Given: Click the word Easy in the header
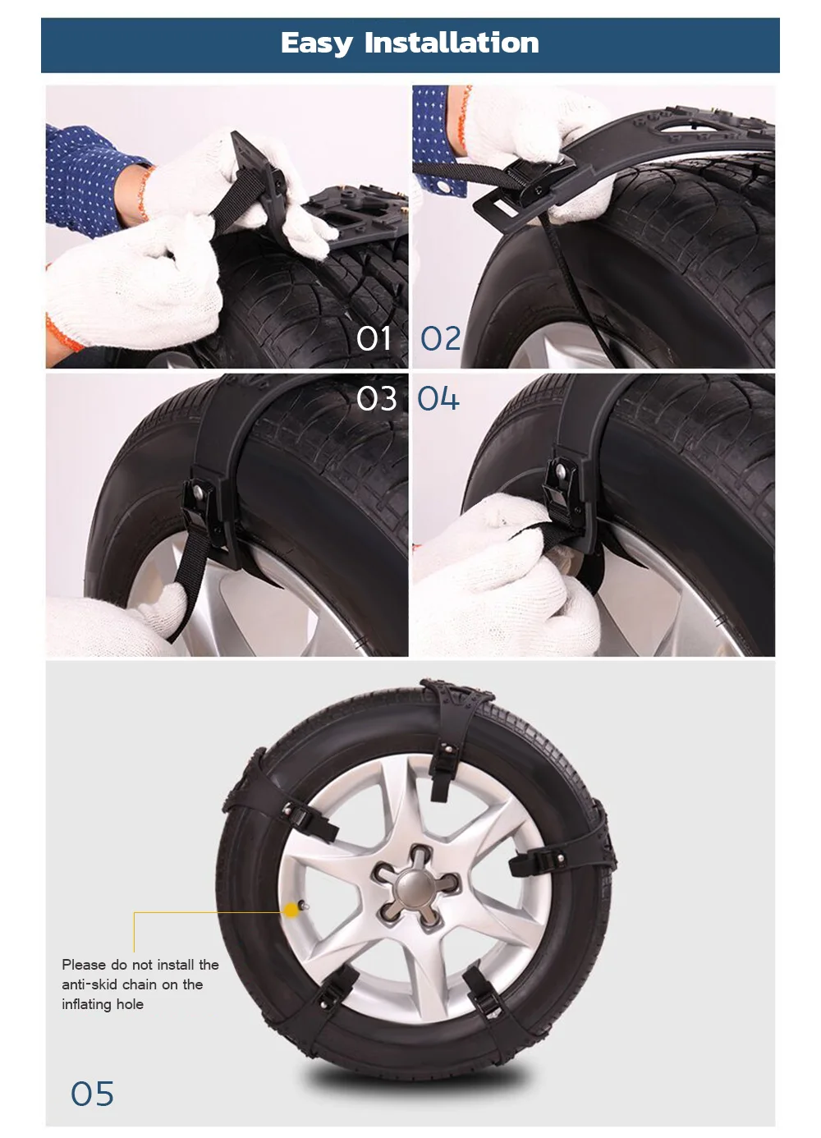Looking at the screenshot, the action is tap(316, 44).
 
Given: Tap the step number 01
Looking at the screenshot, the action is tap(374, 338).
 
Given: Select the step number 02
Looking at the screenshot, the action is tap(441, 338).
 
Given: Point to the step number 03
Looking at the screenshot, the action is tap(376, 399).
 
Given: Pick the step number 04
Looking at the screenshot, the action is tap(438, 399).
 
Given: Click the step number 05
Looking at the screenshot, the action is tap(92, 1094).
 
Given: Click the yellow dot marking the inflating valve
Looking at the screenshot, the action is tap(291, 910).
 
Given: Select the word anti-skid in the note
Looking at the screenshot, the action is tap(90, 984).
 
